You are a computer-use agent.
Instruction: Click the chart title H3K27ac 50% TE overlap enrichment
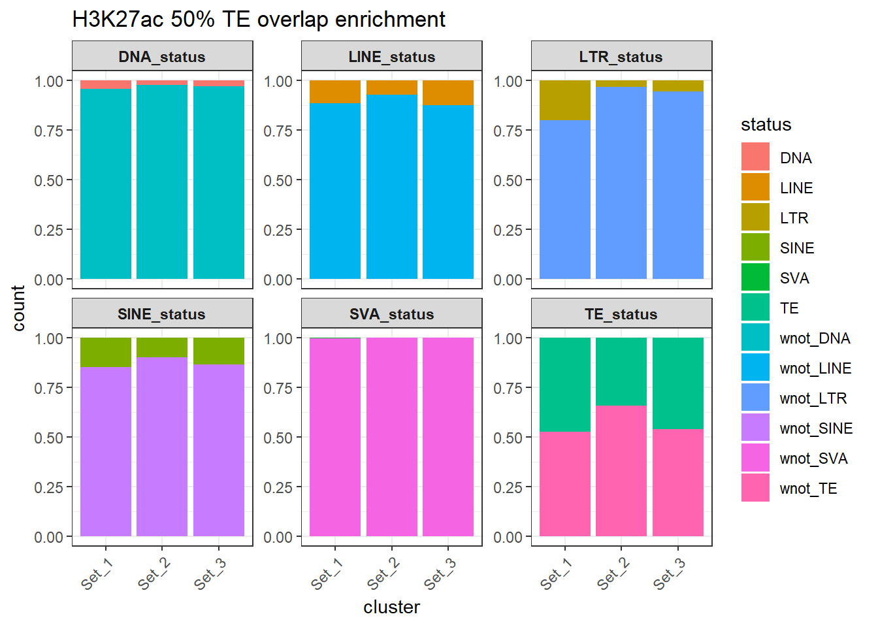tap(259, 20)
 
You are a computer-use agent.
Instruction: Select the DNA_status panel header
tap(162, 57)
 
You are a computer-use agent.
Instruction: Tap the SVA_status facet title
tap(391, 314)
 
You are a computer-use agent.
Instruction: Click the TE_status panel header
tap(621, 314)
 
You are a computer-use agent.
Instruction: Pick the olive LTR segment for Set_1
tap(565, 100)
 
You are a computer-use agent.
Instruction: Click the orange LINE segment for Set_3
tap(448, 93)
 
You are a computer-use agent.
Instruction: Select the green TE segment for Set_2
tap(621, 371)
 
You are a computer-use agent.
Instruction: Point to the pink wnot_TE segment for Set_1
tap(565, 484)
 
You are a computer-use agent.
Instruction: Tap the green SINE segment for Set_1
tap(106, 352)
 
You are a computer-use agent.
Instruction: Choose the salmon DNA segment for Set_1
tap(106, 84)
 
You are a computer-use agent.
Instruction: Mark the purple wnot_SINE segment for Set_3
tap(219, 450)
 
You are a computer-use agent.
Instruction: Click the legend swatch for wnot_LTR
tap(755, 398)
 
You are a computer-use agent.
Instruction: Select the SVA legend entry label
tap(794, 278)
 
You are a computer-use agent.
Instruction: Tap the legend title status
tap(766, 125)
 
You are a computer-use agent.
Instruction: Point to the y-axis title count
tap(18, 308)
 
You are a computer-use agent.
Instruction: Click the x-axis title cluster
tap(391, 607)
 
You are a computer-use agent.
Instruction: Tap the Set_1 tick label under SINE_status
tap(96, 574)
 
